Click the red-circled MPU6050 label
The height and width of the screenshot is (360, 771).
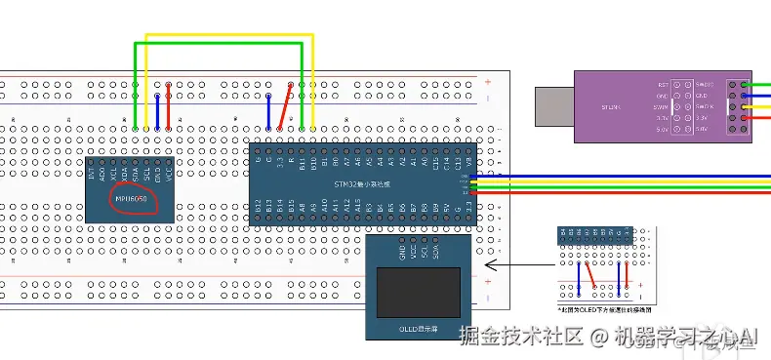click(x=131, y=200)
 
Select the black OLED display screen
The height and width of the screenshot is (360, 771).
click(x=418, y=291)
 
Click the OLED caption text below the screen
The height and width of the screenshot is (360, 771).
click(x=419, y=331)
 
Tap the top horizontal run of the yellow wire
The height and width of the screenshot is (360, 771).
click(x=229, y=37)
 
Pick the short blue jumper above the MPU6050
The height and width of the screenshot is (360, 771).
click(x=157, y=110)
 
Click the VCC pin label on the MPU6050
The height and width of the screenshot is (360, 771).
click(x=170, y=173)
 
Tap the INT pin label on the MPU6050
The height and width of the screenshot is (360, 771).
click(x=93, y=175)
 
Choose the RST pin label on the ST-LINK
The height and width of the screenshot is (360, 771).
click(x=664, y=85)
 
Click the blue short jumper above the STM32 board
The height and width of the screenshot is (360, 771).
click(x=269, y=110)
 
